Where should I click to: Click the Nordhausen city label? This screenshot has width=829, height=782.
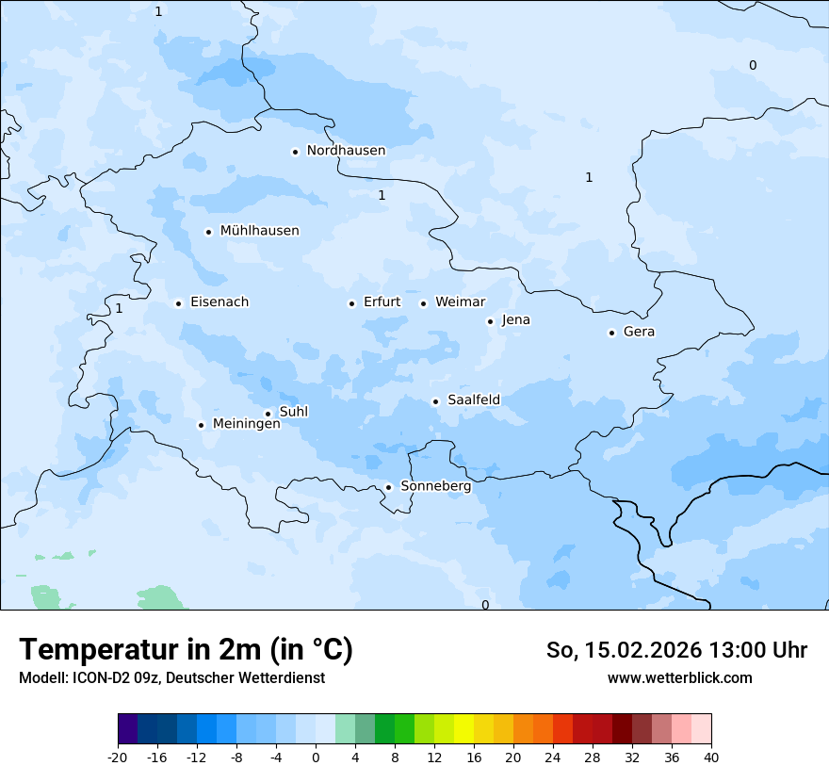point(346,151)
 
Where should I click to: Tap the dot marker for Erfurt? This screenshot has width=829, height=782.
point(351,303)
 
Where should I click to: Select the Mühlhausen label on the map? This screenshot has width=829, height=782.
point(259,231)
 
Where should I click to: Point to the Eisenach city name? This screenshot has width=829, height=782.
point(219,302)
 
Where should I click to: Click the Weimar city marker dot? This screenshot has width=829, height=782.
point(423,303)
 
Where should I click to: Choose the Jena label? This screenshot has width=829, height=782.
point(515,320)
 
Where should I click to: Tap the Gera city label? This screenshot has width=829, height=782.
point(639,332)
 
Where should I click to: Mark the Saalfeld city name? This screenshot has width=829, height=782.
point(473,400)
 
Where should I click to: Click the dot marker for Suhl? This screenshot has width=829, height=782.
point(268,414)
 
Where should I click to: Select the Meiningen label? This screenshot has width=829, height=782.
point(246,424)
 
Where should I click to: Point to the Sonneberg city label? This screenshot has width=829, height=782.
point(435,487)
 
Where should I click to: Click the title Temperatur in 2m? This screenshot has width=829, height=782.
point(186,650)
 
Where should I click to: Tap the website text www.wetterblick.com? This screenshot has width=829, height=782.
point(679,677)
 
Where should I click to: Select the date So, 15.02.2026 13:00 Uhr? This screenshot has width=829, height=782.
point(676,650)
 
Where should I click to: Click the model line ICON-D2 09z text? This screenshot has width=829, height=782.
point(171,677)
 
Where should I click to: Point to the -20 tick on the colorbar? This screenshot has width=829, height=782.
point(118,757)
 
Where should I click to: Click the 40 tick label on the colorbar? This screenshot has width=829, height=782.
point(710,757)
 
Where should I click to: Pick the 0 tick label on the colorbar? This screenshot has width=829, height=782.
point(316,757)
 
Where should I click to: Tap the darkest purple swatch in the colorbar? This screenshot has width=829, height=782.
point(127,729)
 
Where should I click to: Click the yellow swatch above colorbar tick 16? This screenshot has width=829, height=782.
point(463,729)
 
